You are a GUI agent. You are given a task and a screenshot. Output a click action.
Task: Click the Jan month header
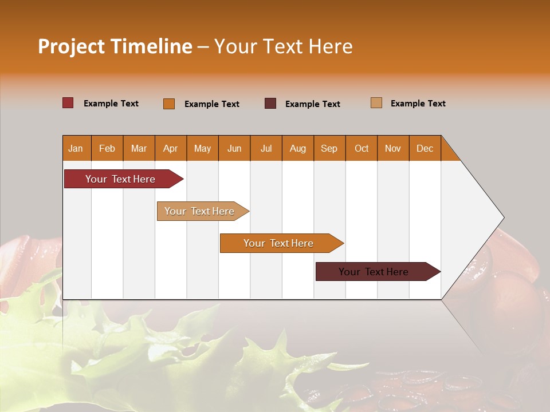[x=76, y=148]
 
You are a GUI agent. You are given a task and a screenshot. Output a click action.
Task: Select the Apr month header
[x=171, y=148]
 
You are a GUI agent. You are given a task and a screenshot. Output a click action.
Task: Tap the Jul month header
[x=266, y=148]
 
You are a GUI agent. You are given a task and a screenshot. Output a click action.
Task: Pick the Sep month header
[x=329, y=148]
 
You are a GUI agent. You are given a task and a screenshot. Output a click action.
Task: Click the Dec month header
[x=425, y=148]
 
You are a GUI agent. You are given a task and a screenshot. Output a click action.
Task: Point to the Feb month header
[x=107, y=148]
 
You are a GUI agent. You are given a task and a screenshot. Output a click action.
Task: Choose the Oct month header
[x=362, y=148]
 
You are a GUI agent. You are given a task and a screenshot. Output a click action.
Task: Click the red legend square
[x=68, y=103]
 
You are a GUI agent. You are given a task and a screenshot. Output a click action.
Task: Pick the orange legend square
[x=169, y=104]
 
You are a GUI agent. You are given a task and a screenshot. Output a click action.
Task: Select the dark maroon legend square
[x=270, y=104]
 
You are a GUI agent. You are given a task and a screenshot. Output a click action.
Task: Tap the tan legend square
[x=376, y=103]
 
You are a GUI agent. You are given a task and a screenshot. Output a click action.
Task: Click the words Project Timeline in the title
[x=115, y=46]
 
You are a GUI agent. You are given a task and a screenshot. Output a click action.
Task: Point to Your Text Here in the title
[x=284, y=46]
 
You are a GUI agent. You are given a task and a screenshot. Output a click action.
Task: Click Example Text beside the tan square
[x=418, y=104]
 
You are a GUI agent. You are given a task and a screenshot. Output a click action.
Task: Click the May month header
[x=202, y=148]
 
